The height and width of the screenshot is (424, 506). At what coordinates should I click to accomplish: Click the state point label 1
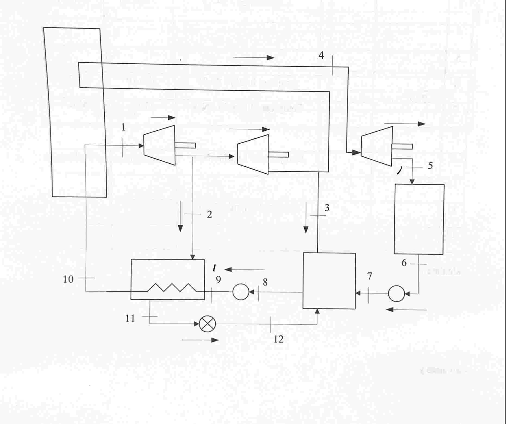click(x=123, y=127)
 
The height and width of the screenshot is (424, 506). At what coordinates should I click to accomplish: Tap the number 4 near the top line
click(x=321, y=55)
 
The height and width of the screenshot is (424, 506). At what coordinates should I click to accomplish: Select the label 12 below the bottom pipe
click(x=279, y=339)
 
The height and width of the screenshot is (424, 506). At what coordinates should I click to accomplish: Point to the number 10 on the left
click(x=68, y=279)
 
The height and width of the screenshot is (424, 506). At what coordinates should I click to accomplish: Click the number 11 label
click(x=130, y=318)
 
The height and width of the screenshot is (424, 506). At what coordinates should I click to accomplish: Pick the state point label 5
click(x=430, y=165)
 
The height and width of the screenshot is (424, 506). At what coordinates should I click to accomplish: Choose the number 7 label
click(x=370, y=276)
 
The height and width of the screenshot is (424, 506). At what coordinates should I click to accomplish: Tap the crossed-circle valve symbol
click(x=207, y=324)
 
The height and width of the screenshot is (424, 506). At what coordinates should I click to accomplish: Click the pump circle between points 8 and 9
click(x=241, y=292)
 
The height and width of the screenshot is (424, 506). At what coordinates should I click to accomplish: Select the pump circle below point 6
click(x=396, y=293)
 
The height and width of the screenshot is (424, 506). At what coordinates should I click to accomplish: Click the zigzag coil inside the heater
click(x=172, y=287)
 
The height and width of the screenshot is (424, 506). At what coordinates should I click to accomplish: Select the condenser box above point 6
click(x=419, y=219)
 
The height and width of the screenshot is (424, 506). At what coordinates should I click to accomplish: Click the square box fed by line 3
click(x=329, y=281)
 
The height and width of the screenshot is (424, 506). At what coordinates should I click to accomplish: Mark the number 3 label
click(x=327, y=208)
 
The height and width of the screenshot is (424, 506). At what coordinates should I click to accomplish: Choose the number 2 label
click(x=209, y=214)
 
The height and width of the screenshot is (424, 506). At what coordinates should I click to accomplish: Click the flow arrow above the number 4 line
click(x=253, y=58)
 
